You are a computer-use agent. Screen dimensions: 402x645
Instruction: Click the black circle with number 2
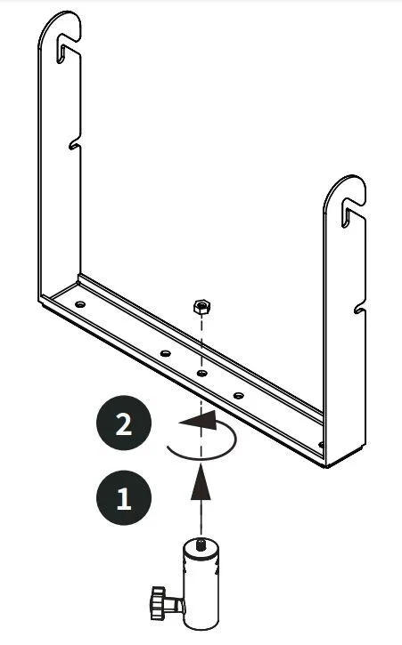[x=124, y=423]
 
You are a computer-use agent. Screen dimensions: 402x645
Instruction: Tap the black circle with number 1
[x=124, y=497]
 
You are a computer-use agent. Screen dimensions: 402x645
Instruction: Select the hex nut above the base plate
[x=202, y=307]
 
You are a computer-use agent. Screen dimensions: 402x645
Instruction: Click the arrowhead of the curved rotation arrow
[x=199, y=421]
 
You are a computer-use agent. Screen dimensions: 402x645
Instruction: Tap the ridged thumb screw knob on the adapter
[x=156, y=603]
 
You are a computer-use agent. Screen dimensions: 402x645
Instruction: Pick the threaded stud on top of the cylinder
[x=201, y=545]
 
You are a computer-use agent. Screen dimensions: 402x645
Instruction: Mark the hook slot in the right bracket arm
[x=351, y=212]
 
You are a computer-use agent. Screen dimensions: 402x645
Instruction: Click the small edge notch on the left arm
[x=74, y=143]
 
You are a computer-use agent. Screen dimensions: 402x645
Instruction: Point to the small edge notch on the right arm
[x=359, y=308]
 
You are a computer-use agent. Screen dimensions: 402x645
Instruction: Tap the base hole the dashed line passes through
[x=201, y=373]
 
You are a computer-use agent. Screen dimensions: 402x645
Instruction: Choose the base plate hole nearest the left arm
[x=80, y=304]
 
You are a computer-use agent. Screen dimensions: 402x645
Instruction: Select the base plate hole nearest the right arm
[x=321, y=445]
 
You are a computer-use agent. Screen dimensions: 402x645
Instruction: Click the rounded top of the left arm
[x=59, y=24]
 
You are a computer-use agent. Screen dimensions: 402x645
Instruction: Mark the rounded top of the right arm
[x=345, y=188]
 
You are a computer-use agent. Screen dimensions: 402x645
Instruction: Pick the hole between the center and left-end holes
[x=165, y=353]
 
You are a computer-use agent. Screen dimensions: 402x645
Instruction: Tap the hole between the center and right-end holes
[x=238, y=396]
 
